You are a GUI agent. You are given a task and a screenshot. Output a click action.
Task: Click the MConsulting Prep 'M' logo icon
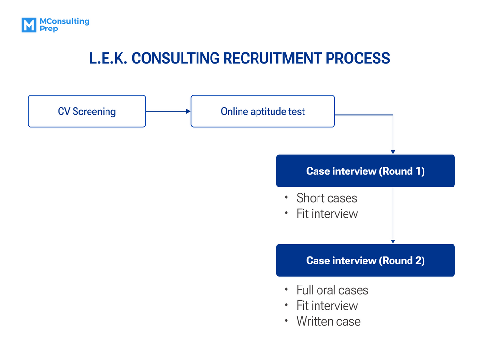tap(29, 25)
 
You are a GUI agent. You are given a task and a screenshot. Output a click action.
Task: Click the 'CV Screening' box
tap(87, 111)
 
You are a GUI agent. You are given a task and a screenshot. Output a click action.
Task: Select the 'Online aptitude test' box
tap(262, 111)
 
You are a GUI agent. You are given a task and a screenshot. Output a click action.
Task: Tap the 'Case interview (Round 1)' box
tap(365, 171)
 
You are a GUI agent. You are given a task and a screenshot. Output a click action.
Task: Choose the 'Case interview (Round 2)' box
tap(365, 260)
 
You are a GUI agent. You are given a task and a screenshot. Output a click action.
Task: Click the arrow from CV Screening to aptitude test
tap(168, 111)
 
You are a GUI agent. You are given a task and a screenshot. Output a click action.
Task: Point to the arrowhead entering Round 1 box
tap(393, 152)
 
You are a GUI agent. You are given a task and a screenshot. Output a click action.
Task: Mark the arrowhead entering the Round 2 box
tap(393, 241)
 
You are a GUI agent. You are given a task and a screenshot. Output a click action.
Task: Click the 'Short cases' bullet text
tap(327, 198)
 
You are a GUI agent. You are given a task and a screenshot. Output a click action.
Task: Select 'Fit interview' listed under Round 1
tap(327, 213)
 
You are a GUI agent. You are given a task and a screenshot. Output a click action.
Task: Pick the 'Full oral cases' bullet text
tap(332, 290)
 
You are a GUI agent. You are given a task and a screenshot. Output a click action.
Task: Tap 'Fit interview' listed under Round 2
tap(327, 305)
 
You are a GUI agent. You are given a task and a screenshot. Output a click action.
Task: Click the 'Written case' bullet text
tap(328, 321)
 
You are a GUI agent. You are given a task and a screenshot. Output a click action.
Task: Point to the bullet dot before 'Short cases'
tap(287, 198)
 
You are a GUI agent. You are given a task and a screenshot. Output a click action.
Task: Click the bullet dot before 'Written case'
tap(287, 321)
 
